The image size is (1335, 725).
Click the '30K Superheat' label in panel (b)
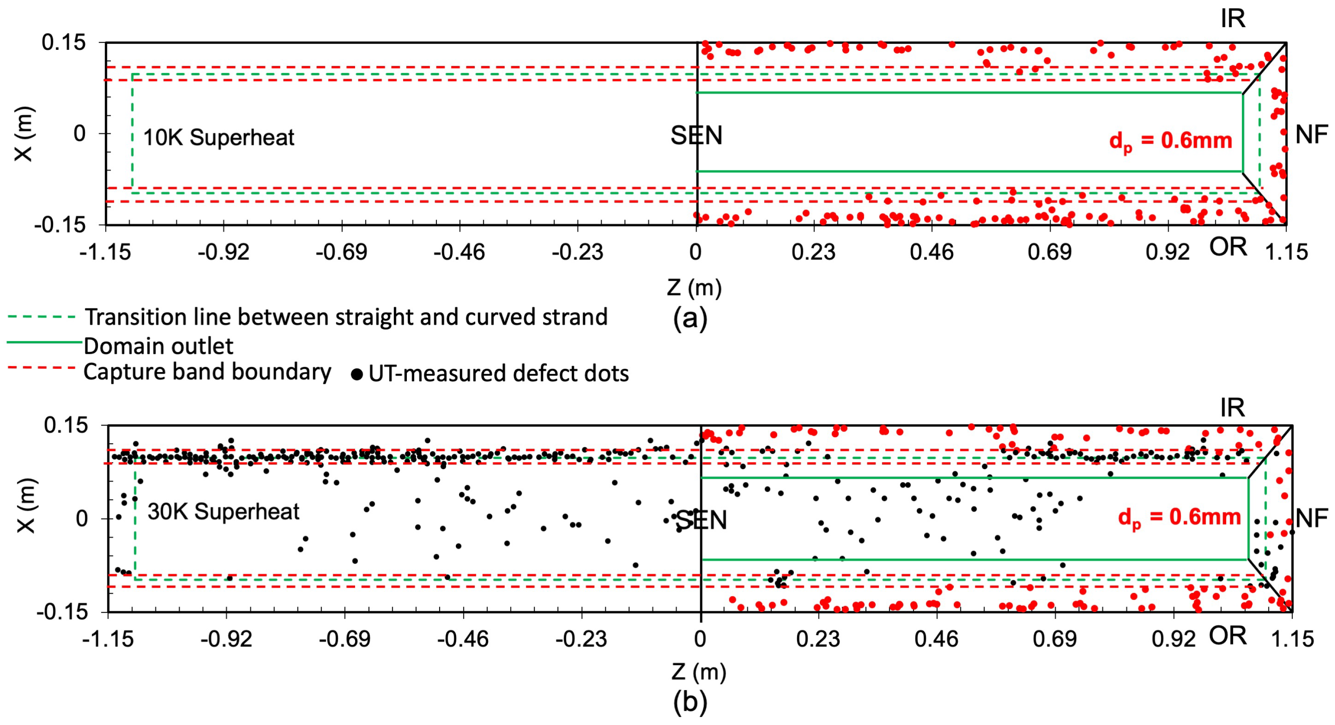pyautogui.click(x=223, y=512)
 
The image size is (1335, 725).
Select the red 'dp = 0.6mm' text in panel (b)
pyautogui.click(x=1179, y=518)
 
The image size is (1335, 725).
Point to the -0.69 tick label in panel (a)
pyautogui.click(x=341, y=253)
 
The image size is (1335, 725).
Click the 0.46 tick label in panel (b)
pyautogui.click(x=936, y=639)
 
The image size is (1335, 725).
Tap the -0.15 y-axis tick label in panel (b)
pyautogui.click(x=61, y=612)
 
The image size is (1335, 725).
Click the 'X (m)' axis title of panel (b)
pyautogui.click(x=25, y=505)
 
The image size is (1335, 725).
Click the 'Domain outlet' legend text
pyautogui.click(x=159, y=346)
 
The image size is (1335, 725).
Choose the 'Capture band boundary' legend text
pyautogui.click(x=207, y=372)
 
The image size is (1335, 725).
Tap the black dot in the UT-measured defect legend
pyautogui.click(x=357, y=374)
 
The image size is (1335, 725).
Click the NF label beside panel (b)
pyautogui.click(x=1312, y=518)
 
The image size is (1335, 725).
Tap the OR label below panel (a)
pyautogui.click(x=1228, y=247)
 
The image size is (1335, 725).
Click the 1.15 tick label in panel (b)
pyautogui.click(x=1292, y=639)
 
